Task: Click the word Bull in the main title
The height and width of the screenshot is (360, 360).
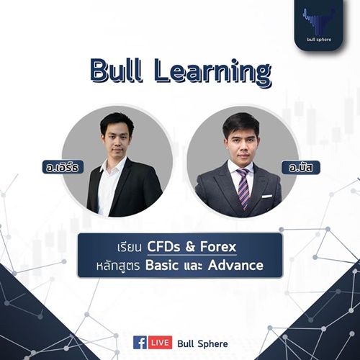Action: coord(115,71)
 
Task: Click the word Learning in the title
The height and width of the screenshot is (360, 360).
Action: coord(212,73)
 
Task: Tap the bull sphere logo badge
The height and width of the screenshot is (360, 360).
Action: coord(319,24)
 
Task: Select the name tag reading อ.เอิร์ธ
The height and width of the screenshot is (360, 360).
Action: coord(63,167)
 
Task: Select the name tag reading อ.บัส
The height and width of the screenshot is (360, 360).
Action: coord(301,167)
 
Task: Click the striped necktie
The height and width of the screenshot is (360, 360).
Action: coord(243,188)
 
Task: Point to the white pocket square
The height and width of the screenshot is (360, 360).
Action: coord(267,197)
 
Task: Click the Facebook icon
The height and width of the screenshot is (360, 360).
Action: coord(140,343)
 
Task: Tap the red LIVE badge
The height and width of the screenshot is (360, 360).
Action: coord(160,343)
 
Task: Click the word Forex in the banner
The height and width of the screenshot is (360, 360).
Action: coord(218,246)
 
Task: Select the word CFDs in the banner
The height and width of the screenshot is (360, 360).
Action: coord(163,246)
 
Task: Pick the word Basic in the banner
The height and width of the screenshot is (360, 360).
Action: coord(162,265)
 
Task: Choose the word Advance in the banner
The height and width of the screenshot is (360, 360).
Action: coord(235,265)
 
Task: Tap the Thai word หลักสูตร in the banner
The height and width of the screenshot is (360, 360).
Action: coord(118,266)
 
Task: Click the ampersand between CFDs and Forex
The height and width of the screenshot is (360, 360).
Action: coord(190,247)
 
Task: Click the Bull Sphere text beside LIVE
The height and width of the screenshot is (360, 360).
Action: coord(202,343)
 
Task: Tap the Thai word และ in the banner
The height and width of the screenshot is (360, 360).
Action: coord(193,266)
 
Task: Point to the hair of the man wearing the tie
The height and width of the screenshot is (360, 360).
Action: coord(240,125)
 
